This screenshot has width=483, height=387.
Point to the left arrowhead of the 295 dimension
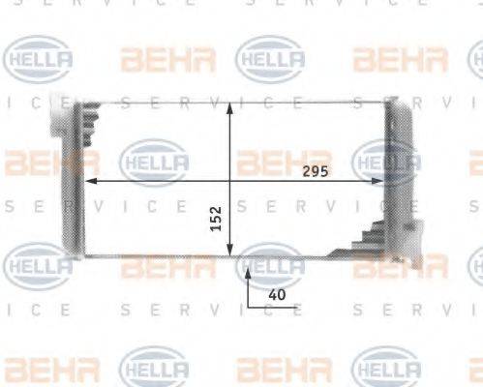click(90, 180)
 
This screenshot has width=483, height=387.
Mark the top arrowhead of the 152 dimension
click(229, 105)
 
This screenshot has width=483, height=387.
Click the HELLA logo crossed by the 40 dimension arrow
click(270, 264)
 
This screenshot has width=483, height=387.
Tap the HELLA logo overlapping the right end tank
click(387, 161)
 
